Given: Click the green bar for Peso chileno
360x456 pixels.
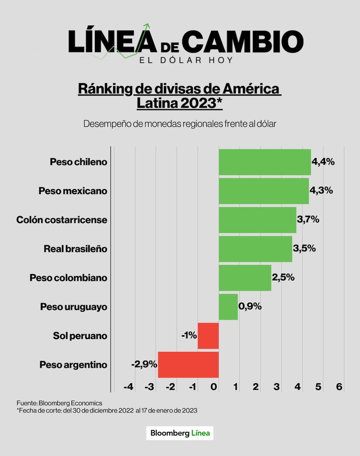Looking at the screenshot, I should coord(265,162).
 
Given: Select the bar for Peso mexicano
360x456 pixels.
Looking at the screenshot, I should coord(264,191).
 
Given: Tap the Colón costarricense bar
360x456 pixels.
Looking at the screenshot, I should coord(257,220).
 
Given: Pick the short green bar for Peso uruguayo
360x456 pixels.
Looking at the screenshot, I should coord(228,307).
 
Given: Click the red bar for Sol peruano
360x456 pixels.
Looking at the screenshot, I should coord(208,336).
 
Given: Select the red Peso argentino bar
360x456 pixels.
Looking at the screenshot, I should coord(188,365).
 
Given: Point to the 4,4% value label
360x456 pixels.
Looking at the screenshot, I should coord(323,162).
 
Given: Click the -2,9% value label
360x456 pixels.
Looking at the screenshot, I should coord(144,364).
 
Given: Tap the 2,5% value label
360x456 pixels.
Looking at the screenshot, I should coord(283,277).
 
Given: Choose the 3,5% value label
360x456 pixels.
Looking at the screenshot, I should coord(304,248).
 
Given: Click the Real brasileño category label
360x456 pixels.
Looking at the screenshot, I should coord(75,249).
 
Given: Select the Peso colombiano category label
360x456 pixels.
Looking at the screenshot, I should coord(68,278).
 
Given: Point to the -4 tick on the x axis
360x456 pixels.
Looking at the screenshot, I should coord(128,387).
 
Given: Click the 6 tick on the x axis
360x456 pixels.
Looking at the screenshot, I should coord(339,387).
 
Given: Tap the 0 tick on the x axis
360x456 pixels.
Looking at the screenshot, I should coord(214,387).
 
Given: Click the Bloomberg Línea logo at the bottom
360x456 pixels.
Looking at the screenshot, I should coord(180,433).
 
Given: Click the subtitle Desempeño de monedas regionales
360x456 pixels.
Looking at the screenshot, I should coord(180,124).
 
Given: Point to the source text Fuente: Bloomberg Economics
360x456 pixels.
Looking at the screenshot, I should coord(59,403).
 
